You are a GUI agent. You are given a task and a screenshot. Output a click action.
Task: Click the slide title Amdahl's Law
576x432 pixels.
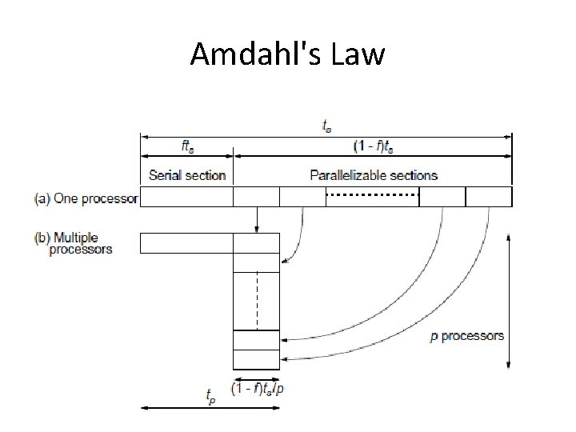(288, 54)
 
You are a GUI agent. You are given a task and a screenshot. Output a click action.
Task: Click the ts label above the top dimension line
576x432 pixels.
(327, 125)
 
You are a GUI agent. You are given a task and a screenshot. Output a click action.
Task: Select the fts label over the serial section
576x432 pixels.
(186, 147)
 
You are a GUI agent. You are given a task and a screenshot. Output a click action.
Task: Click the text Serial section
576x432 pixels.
(187, 174)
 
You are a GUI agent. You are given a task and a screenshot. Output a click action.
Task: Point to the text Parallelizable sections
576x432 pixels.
(374, 174)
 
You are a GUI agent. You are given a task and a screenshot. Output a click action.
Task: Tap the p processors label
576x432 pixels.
(467, 335)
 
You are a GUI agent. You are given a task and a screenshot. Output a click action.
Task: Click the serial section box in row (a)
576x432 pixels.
(186, 197)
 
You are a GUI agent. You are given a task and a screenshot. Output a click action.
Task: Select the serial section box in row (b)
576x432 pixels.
(186, 243)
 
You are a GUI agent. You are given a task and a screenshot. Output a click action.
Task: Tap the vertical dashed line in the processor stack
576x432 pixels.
(257, 300)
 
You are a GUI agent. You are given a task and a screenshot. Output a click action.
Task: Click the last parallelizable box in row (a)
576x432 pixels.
(488, 197)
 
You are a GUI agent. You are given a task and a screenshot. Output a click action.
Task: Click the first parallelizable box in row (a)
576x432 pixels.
(256, 197)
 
